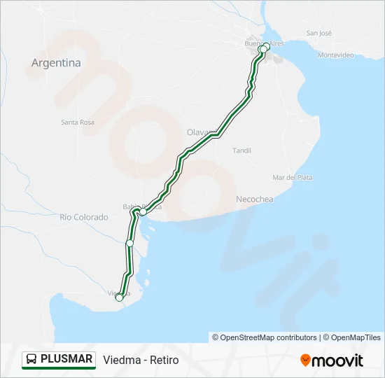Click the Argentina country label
56,62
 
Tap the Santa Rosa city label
78,122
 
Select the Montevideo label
337,55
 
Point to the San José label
319,33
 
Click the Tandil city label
241,150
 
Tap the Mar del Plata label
293,178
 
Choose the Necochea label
255,199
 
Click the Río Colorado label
84,217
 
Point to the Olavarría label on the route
198,132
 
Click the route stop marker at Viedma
120,297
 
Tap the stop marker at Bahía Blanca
143,211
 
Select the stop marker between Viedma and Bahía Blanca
129,243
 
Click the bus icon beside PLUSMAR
32,360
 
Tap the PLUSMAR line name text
66,359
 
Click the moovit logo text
337,360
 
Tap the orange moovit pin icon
305,360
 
